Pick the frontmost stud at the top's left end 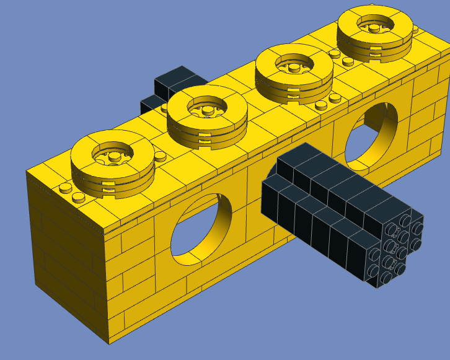tap(78, 198)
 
